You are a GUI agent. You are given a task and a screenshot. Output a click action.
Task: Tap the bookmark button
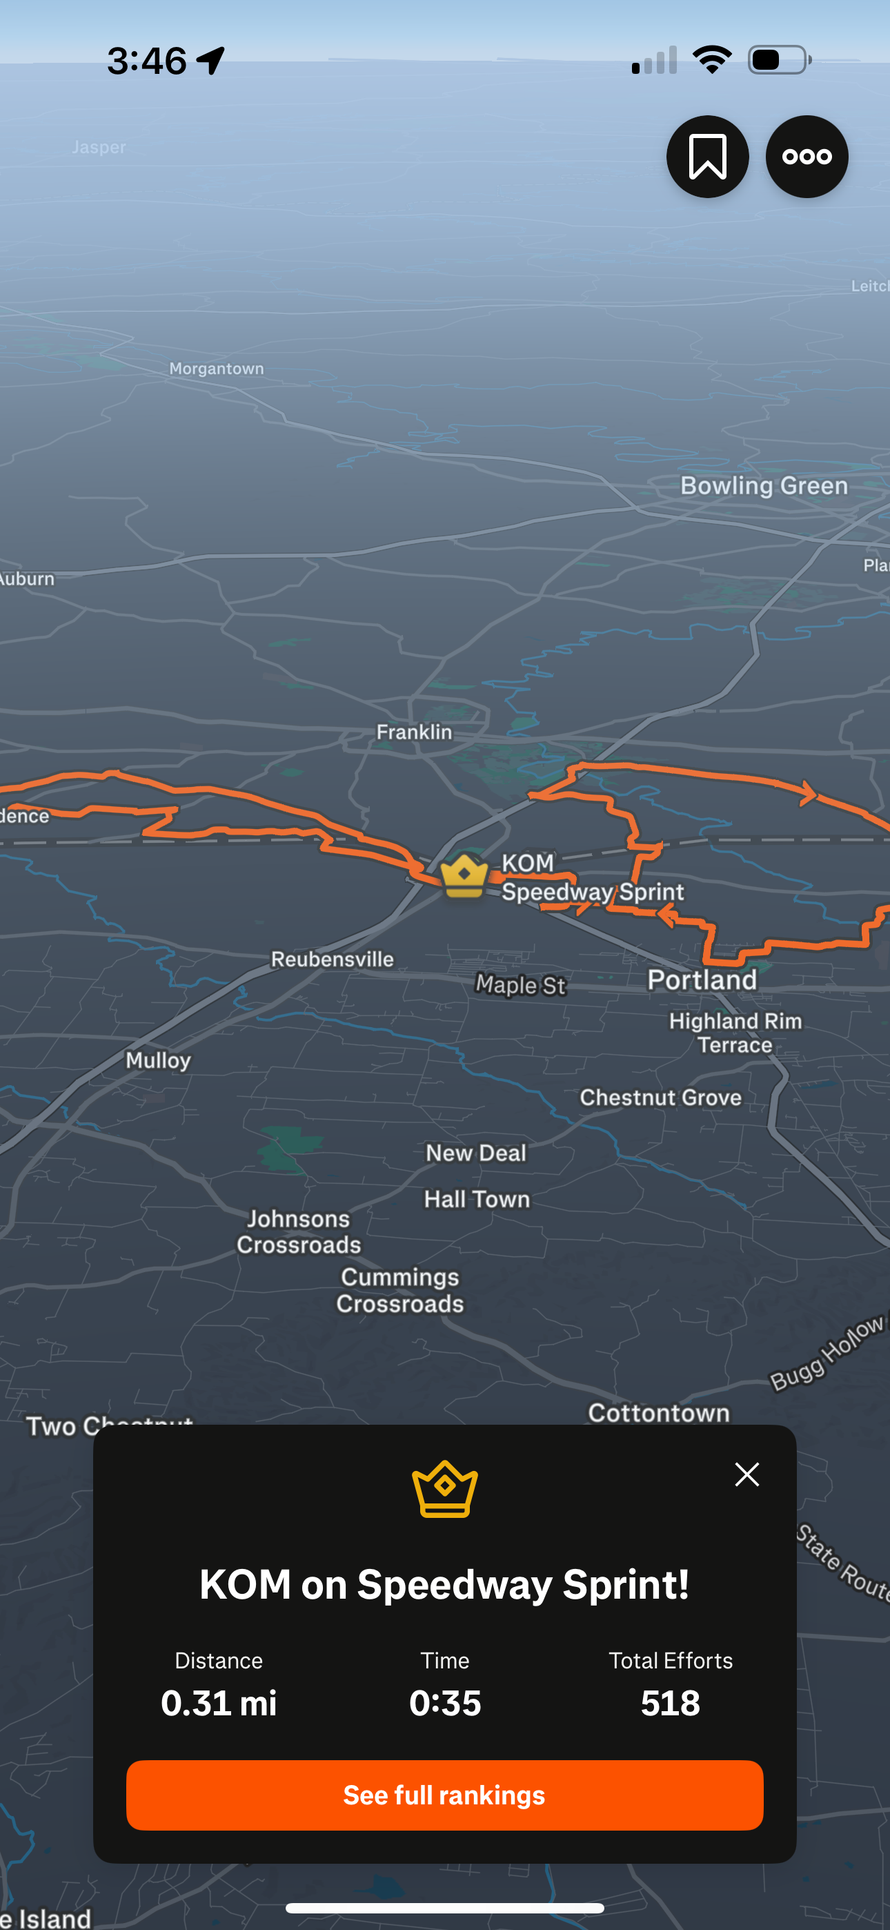point(707,157)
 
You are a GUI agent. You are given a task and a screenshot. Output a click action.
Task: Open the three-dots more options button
point(806,157)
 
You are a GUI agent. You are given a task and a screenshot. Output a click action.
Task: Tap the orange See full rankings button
point(444,1795)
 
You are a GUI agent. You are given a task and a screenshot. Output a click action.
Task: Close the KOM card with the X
point(747,1474)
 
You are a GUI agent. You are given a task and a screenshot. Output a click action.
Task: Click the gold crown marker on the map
point(464,875)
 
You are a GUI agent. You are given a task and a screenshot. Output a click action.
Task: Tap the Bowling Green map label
point(763,485)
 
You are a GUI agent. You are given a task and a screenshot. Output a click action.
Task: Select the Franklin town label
point(414,732)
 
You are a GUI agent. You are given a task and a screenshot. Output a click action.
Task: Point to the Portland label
point(702,979)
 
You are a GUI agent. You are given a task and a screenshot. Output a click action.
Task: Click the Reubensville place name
point(332,959)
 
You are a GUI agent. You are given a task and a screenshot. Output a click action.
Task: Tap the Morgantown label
point(217,369)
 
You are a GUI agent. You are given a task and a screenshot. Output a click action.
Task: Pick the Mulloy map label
point(158,1060)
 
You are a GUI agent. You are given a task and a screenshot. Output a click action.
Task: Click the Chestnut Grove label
point(660,1098)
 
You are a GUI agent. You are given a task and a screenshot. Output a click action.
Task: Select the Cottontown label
point(658,1412)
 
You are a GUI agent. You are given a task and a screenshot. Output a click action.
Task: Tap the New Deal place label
point(476,1153)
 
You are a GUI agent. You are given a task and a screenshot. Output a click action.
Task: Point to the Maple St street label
point(521,984)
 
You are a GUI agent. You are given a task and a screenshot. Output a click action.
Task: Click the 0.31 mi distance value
point(219,1703)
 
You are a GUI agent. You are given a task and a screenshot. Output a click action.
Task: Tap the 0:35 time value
point(445,1703)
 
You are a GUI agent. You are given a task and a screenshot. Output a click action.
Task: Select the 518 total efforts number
point(671,1703)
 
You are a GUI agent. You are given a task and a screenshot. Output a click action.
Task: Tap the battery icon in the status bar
point(778,60)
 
